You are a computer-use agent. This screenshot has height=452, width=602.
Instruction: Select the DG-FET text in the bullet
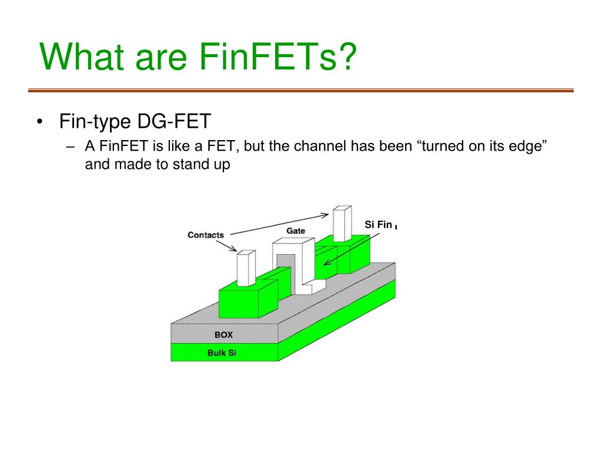174,121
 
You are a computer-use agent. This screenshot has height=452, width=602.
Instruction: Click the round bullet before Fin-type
39,122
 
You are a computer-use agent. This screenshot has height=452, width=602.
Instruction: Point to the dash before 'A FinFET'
71,147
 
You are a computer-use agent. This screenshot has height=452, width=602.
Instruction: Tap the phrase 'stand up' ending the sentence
201,165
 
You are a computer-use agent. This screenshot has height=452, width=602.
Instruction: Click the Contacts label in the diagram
206,235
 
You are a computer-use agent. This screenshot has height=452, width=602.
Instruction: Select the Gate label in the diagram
296,231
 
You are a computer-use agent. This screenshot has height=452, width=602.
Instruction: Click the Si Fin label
379,224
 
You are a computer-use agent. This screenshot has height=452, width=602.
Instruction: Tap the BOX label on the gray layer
223,335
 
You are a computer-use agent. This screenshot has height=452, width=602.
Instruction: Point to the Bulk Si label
222,353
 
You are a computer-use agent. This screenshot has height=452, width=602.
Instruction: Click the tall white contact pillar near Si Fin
342,224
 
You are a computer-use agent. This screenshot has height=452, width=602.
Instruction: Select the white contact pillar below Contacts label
246,268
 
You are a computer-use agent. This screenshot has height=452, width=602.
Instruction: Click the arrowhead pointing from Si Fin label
327,262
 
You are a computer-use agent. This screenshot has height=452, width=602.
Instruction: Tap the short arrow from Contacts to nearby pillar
226,246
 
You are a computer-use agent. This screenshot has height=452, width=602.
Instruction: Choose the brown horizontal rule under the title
301,91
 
